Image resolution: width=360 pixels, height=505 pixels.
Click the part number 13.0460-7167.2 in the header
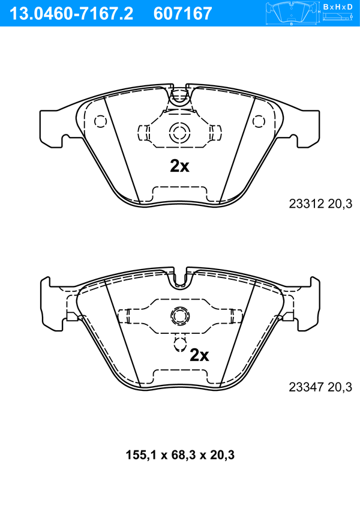tap(71, 14)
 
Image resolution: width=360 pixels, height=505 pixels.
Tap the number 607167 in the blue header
tap(183, 14)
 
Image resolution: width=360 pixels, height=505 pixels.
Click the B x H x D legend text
tap(338, 7)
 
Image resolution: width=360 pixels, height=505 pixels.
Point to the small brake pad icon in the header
tap(291, 13)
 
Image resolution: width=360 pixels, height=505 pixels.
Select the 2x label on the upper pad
tap(179, 166)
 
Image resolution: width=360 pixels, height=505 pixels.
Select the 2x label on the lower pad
tap(199, 355)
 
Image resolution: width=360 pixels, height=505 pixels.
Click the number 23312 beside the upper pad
tap(306, 204)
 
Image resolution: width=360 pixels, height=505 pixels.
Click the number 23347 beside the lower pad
tap(306, 387)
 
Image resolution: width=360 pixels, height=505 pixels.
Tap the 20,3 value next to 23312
tap(340, 204)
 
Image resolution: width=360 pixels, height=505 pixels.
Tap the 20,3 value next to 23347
tap(340, 387)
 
